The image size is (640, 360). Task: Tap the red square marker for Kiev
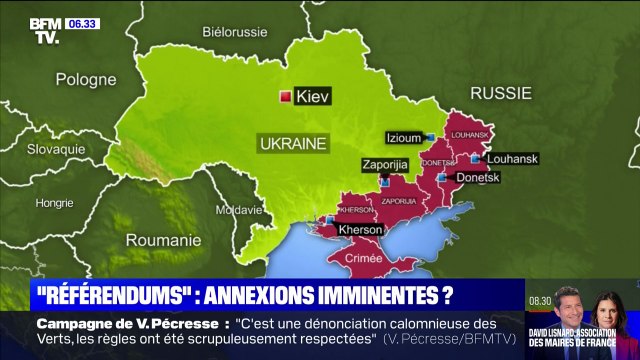[285, 97]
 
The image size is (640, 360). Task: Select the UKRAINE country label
[293, 143]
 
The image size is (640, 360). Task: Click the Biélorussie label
[235, 32]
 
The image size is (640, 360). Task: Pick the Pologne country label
[86, 79]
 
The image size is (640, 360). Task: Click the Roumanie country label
[163, 240]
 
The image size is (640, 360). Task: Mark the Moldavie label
[238, 210]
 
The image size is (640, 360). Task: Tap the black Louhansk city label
[511, 158]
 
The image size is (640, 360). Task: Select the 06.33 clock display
[82, 23]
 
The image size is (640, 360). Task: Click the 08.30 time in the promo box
[541, 300]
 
